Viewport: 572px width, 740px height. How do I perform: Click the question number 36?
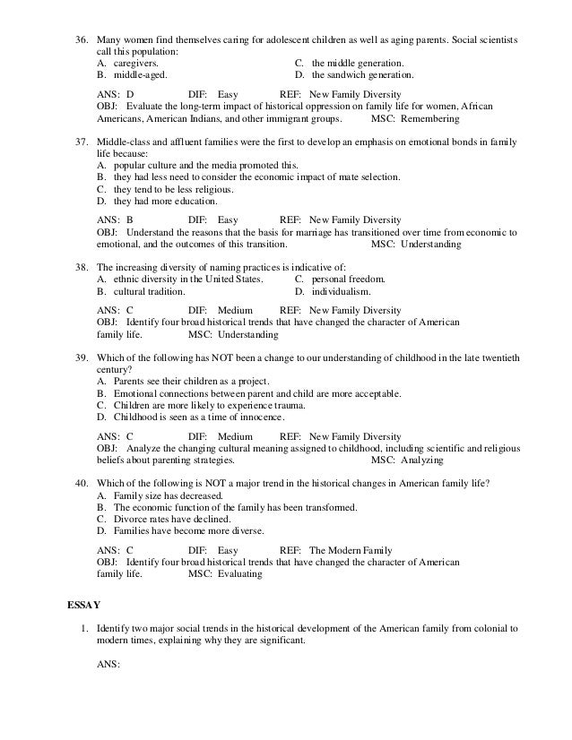point(80,41)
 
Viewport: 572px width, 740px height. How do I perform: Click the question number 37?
point(80,142)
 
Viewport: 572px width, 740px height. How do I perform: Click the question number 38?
point(80,267)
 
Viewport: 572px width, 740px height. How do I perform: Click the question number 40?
point(80,483)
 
